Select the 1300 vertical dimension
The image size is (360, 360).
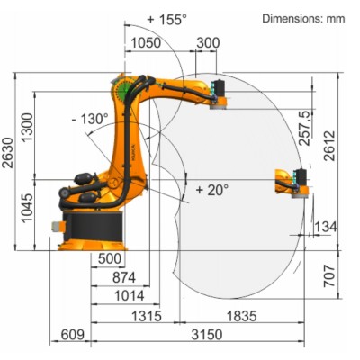29,130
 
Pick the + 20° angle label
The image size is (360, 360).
212,189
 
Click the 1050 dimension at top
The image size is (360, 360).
145,42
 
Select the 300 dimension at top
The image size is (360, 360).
206,42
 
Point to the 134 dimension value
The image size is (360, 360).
325,227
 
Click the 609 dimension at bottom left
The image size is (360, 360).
71,336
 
